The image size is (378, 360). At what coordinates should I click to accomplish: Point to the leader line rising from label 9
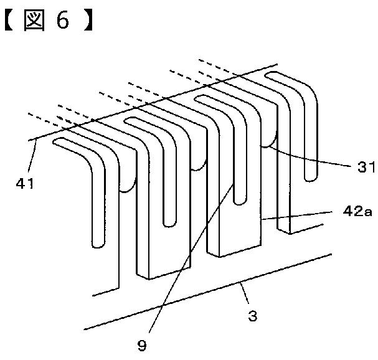click(x=187, y=268)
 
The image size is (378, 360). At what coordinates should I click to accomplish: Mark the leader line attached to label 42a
click(x=293, y=216)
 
